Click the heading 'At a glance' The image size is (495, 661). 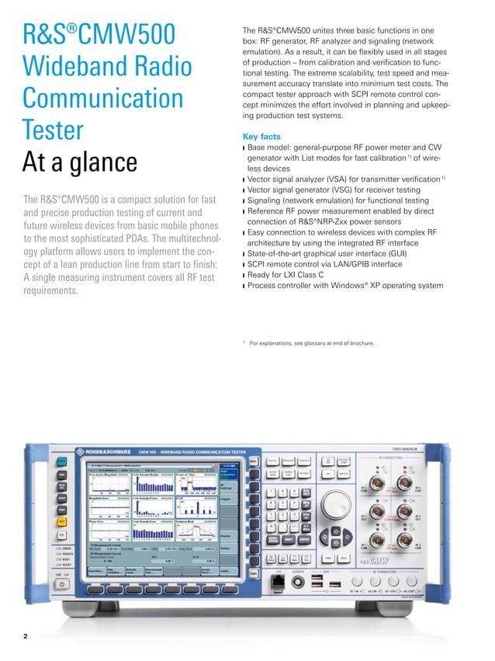[x=81, y=163]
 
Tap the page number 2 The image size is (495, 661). [x=26, y=637]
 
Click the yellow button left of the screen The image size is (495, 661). [x=61, y=521]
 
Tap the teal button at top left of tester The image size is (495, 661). [x=61, y=461]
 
